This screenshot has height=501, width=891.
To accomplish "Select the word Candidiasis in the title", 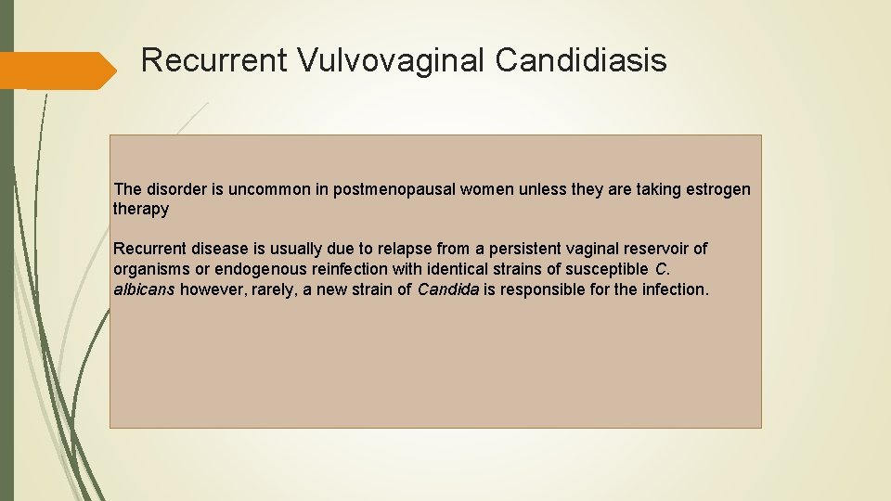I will pos(580,61).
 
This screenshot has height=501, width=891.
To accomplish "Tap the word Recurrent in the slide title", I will pos(214,61).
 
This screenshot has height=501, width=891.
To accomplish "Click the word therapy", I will pos(141,209).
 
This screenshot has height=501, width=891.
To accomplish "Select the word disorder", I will pos(176,189).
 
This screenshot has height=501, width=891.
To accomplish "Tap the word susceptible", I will pos(605,269).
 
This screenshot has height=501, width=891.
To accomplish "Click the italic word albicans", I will pos(144,289).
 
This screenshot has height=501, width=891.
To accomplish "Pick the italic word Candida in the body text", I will pos(448,289).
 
